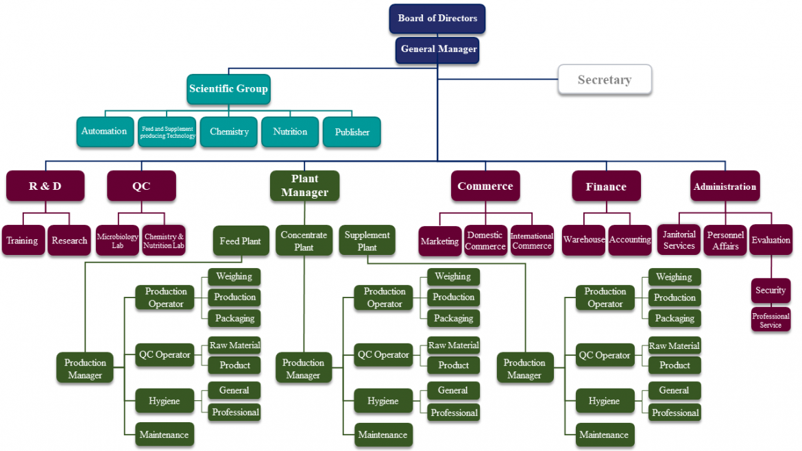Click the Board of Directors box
(x=437, y=19)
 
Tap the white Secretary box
(x=604, y=80)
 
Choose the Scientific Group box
(x=228, y=89)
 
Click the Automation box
(x=104, y=132)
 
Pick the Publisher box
(x=352, y=132)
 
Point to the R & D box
(x=45, y=186)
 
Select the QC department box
(x=141, y=186)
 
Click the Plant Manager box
(x=304, y=186)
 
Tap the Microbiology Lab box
(x=117, y=241)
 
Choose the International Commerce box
(x=532, y=241)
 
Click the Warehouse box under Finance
(x=583, y=241)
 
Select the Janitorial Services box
(x=679, y=241)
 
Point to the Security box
(x=770, y=291)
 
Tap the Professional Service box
(x=770, y=321)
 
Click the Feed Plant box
(x=241, y=241)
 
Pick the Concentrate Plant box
(x=304, y=241)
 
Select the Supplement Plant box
(x=367, y=241)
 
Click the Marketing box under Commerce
(x=439, y=241)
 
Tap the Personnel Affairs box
(x=725, y=241)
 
